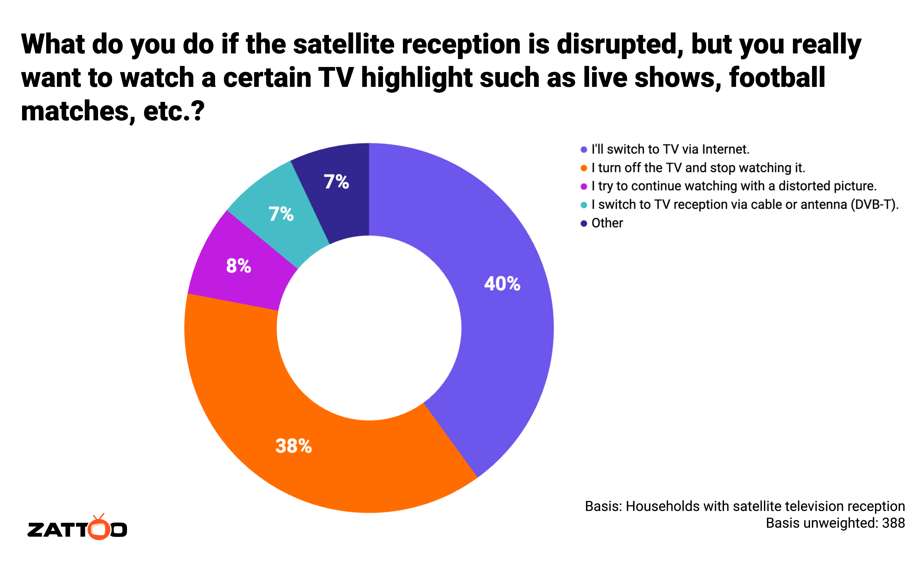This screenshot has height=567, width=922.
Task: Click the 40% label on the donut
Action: tap(502, 283)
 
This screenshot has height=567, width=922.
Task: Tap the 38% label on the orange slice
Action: tap(293, 446)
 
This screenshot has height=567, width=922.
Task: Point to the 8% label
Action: tap(238, 266)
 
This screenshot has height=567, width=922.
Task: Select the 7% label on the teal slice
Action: tap(281, 214)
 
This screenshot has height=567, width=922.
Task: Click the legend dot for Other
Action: tap(583, 223)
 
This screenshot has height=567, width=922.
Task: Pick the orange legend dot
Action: tap(583, 168)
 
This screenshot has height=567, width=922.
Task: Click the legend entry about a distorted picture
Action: tap(734, 186)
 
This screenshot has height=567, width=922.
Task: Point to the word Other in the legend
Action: tap(607, 223)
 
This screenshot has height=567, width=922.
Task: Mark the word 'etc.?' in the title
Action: tap(174, 111)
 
